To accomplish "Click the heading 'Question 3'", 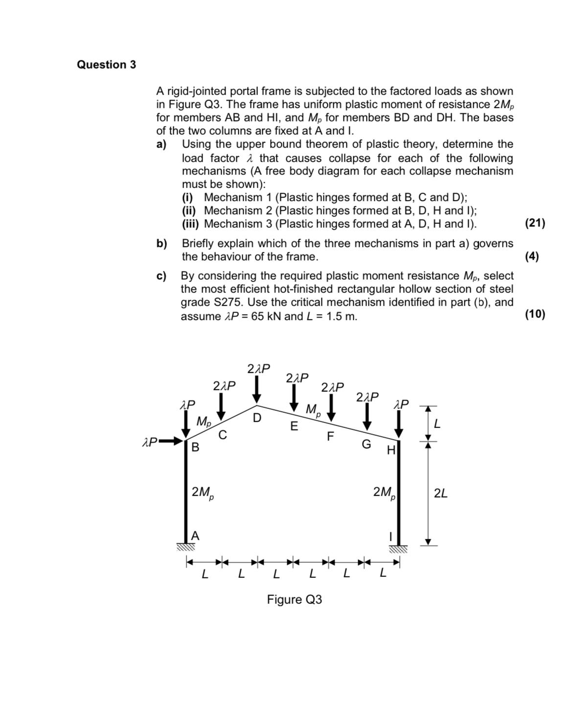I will [106, 65].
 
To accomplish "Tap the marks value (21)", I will [534, 224].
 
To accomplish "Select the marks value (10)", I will [534, 314].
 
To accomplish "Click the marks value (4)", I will [531, 257].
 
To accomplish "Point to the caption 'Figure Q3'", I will [294, 599].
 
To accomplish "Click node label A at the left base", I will [195, 536].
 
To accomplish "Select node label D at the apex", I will [257, 418].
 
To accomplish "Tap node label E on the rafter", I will [294, 427].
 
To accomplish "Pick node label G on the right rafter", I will [366, 444].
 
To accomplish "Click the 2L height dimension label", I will [440, 493].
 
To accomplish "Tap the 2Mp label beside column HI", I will [384, 492].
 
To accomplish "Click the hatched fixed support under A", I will [186, 547].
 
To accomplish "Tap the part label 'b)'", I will [161, 243].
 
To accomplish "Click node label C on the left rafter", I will [223, 434].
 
